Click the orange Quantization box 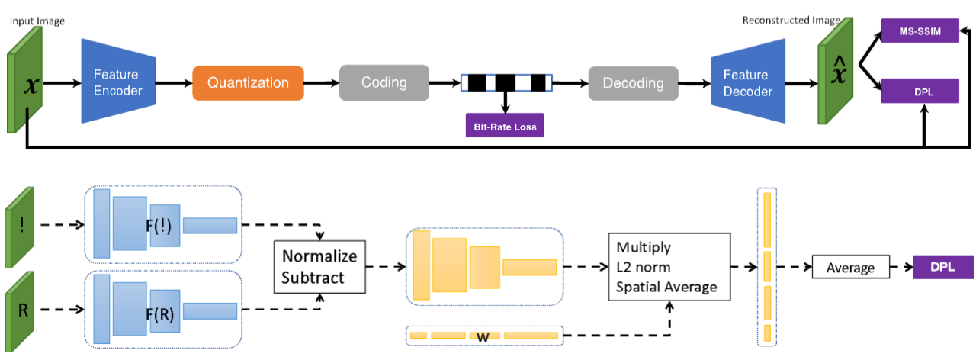coord(248,83)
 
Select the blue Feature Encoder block coord(118,82)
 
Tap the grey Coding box coord(384,83)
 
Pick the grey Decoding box coord(633,83)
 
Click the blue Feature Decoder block coord(748,82)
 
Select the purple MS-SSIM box coord(920,31)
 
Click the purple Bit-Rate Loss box coord(505,126)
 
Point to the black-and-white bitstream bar coord(506,83)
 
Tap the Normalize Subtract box coord(319,267)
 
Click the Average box coord(850,267)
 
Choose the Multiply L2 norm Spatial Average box coord(669,267)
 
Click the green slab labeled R coord(20,312)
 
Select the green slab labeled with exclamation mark coord(20,227)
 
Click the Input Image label coord(37,21)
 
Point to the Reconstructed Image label coord(791,20)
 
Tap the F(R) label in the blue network coord(160,314)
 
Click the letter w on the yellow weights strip coord(483,337)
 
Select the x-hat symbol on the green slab coord(839,69)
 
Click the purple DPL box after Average coord(943,267)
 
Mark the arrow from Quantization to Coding coord(322,83)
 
